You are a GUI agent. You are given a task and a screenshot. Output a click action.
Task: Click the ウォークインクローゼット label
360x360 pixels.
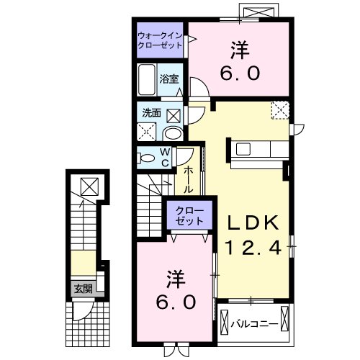[x=160, y=40]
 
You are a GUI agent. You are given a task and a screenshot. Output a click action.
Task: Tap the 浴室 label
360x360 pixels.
[x=169, y=79]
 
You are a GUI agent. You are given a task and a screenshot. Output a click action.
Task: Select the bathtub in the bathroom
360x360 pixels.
[x=146, y=80]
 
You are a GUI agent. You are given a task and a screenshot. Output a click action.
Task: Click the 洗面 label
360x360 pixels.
[x=151, y=113]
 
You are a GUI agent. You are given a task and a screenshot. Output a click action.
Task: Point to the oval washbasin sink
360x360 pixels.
[x=173, y=134]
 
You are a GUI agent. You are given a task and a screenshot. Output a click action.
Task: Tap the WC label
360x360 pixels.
[x=165, y=157]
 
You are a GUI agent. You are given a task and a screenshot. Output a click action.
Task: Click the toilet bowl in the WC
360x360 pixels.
[x=146, y=158]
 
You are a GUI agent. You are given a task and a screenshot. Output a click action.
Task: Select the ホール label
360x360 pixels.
[x=188, y=180]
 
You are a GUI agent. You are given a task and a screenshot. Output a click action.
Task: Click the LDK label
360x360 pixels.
[x=253, y=223]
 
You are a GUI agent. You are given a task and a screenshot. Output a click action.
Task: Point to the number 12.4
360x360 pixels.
[x=253, y=248]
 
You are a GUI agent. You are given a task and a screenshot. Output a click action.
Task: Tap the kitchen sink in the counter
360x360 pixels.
[x=243, y=149]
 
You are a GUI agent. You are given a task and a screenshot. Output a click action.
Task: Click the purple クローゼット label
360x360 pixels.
[x=189, y=216]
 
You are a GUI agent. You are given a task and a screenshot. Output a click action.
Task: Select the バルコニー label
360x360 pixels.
[x=254, y=324]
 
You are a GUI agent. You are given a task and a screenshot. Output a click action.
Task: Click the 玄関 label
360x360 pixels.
[x=84, y=289]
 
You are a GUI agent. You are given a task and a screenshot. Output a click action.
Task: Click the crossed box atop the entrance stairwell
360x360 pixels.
[x=89, y=186]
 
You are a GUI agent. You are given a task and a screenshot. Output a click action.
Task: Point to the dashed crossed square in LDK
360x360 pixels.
[x=280, y=110]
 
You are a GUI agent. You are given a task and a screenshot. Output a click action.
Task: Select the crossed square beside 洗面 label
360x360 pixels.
[x=174, y=116]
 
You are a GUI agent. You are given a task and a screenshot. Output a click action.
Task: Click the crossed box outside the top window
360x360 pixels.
[x=258, y=12]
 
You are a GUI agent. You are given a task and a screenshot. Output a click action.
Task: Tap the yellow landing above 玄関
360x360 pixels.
[x=84, y=263]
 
